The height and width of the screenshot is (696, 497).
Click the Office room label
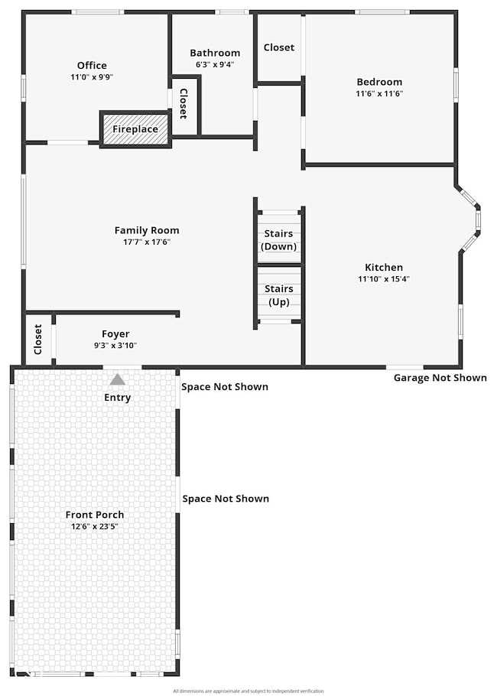[92, 66]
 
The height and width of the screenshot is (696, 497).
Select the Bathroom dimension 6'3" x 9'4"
[215, 65]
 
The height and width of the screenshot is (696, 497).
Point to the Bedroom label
[379, 82]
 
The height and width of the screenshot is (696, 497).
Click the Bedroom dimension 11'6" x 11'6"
[379, 93]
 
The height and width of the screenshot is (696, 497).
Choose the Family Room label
[147, 230]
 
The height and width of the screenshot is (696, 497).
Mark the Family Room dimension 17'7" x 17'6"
[147, 242]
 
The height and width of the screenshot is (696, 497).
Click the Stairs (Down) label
[279, 239]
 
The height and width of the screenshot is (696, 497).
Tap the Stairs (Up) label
[279, 294]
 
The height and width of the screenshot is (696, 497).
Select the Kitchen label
[384, 268]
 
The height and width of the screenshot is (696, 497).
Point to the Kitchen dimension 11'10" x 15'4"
[384, 279]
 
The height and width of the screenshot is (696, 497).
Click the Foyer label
[115, 334]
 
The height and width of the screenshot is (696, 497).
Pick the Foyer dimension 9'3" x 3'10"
[115, 346]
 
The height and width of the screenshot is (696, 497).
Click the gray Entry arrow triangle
[117, 379]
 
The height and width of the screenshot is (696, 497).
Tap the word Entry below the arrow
[117, 398]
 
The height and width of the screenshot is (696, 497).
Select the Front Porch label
[95, 515]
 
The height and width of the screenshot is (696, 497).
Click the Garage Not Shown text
[440, 378]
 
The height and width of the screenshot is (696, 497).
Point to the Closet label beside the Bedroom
[279, 47]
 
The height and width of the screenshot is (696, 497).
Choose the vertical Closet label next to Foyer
[38, 340]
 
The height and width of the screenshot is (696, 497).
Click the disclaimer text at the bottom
[248, 691]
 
